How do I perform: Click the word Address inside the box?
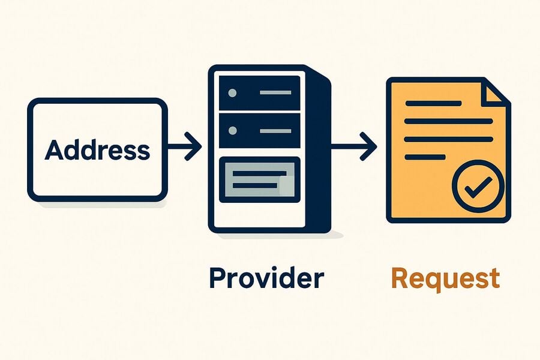coord(97,150)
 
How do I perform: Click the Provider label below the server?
coord(266,278)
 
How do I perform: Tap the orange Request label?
coord(446,279)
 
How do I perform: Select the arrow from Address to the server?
coord(184,146)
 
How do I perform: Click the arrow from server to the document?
coord(354,146)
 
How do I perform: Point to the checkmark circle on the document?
coord(478,186)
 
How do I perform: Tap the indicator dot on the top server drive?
coord(232,92)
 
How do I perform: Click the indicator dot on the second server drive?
coord(232,131)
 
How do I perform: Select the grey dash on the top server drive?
coord(275,92)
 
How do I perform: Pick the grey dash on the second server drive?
coord(275,131)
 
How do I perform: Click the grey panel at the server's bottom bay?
coord(260,179)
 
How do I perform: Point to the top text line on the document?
coord(433,103)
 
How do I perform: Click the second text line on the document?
coord(449,121)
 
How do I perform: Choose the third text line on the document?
coord(449,139)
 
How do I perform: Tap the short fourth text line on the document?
coord(425,157)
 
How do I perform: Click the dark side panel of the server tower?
coord(319,152)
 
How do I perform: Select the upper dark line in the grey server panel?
coord(259,173)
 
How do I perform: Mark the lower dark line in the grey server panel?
coord(255,185)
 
